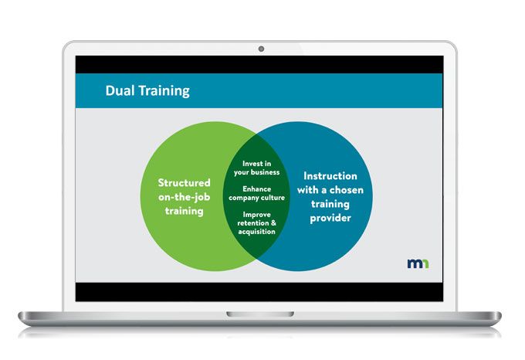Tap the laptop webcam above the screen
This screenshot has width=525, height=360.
tap(261, 49)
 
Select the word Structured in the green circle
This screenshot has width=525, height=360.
tap(185, 183)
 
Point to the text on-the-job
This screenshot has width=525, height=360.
tap(185, 196)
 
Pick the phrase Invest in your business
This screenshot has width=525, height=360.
tap(256, 168)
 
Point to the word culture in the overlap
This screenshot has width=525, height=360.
tap(272, 198)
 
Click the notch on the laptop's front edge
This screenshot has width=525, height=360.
tap(261, 314)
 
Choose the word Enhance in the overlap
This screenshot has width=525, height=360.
tap(256, 188)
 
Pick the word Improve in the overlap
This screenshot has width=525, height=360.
tap(256, 214)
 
